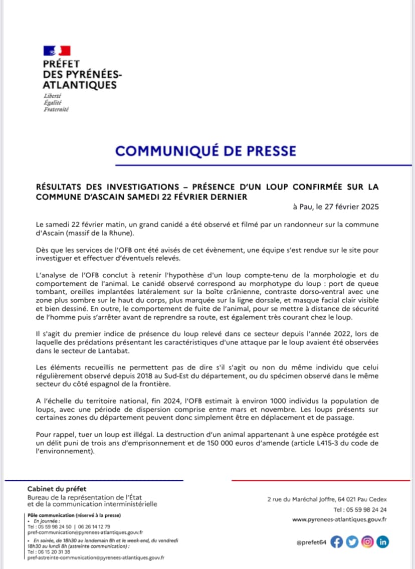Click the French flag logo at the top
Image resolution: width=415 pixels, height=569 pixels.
click(x=57, y=50)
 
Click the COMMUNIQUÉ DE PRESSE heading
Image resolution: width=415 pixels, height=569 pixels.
click(x=205, y=150)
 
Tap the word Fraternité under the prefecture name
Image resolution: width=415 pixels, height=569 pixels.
click(x=56, y=109)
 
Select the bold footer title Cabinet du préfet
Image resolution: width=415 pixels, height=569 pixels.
click(x=57, y=489)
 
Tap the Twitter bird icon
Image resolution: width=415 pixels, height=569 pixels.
click(x=352, y=541)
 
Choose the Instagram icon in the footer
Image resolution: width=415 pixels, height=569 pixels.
click(x=368, y=541)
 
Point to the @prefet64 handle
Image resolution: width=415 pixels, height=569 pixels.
click(x=311, y=542)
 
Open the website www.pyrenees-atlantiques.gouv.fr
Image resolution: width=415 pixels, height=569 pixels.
click(x=339, y=520)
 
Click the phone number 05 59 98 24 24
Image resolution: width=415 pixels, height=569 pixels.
click(x=364, y=509)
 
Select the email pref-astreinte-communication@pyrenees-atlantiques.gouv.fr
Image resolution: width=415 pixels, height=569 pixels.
click(x=96, y=557)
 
